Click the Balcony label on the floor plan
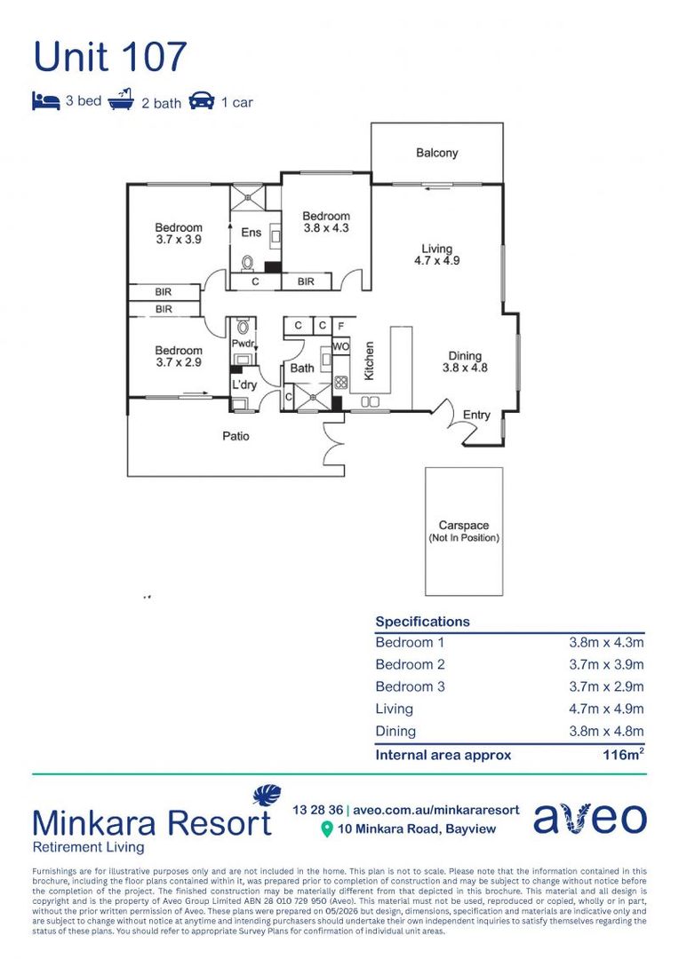[436, 153]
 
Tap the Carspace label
[464, 526]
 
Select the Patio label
[236, 436]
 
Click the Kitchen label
[369, 361]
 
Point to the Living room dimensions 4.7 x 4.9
[436, 260]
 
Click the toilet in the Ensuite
[247, 263]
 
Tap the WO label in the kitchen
[341, 346]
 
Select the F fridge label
[341, 326]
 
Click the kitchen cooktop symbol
[341, 383]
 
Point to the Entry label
[476, 416]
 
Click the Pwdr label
[243, 344]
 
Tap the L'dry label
[244, 384]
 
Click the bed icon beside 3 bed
[46, 101]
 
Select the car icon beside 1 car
[202, 101]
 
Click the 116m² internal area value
[623, 754]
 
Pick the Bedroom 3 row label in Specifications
[411, 686]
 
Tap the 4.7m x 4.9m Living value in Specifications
[606, 709]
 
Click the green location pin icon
[327, 829]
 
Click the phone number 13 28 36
[318, 810]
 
